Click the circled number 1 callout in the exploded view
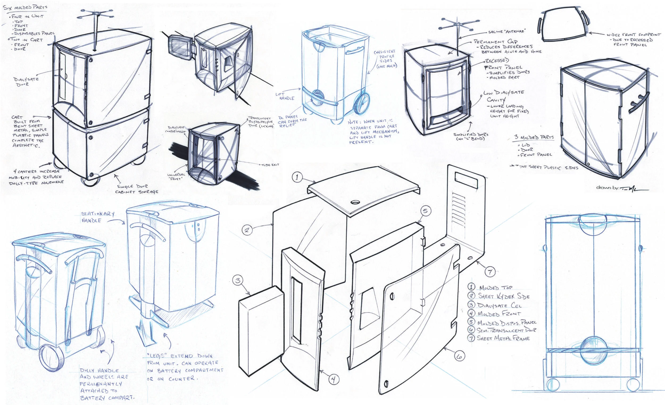click(x=297, y=177)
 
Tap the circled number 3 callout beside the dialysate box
click(x=238, y=281)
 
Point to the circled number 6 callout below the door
click(x=459, y=356)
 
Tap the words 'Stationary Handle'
click(x=98, y=217)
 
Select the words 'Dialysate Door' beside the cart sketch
click(x=26, y=82)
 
